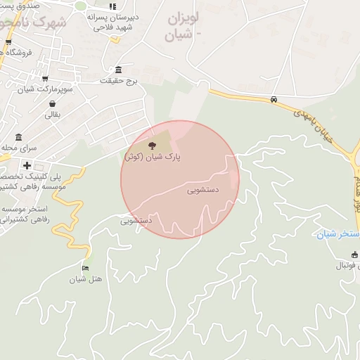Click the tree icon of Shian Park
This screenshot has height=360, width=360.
[152, 146]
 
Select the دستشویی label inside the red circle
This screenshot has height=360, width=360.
[204, 190]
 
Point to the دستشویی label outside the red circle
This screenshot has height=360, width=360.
[137, 220]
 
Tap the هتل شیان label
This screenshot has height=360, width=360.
[86, 279]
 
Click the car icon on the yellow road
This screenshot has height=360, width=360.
[274, 100]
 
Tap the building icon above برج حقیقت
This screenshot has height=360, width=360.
[117, 70]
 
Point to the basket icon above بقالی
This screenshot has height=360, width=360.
[53, 103]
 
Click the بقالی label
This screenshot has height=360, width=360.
[53, 115]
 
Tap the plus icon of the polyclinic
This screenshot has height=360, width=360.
[27, 166]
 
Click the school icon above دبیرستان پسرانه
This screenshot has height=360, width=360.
[112, 6]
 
